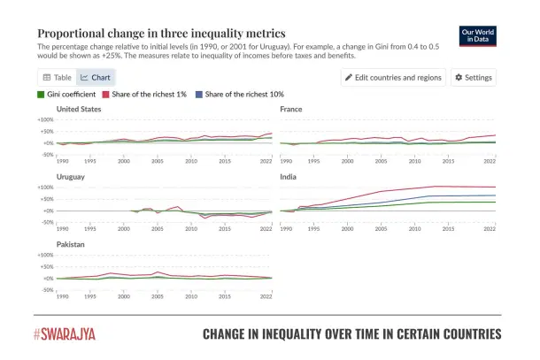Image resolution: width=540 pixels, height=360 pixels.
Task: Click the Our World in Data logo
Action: pos(479,34)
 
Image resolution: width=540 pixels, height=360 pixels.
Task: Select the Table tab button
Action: pos(58,78)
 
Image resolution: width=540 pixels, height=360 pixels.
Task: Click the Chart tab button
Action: pos(96,78)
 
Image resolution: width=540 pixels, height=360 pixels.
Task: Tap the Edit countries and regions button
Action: pos(392,78)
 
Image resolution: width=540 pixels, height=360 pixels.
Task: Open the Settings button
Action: pos(474,78)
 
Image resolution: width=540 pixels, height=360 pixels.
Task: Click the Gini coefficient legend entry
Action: pos(66,94)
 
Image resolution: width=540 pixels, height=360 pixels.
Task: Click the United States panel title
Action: pos(79,109)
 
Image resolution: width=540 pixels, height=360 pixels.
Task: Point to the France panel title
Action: pos(291,109)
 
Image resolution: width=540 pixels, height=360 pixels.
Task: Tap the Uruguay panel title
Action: pos(71,177)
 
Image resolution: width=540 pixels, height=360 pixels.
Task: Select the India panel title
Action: pos(289,177)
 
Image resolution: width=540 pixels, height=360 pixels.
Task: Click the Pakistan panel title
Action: pos(72,245)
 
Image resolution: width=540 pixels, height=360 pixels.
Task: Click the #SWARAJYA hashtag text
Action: pos(66,334)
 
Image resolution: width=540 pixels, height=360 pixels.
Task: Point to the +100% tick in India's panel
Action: pos(267,188)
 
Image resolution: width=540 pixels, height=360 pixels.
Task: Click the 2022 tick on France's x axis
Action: pos(490,161)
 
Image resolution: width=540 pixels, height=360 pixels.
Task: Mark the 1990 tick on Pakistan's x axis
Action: pos(63,296)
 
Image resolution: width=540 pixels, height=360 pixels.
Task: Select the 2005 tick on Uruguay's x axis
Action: pos(157,228)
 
